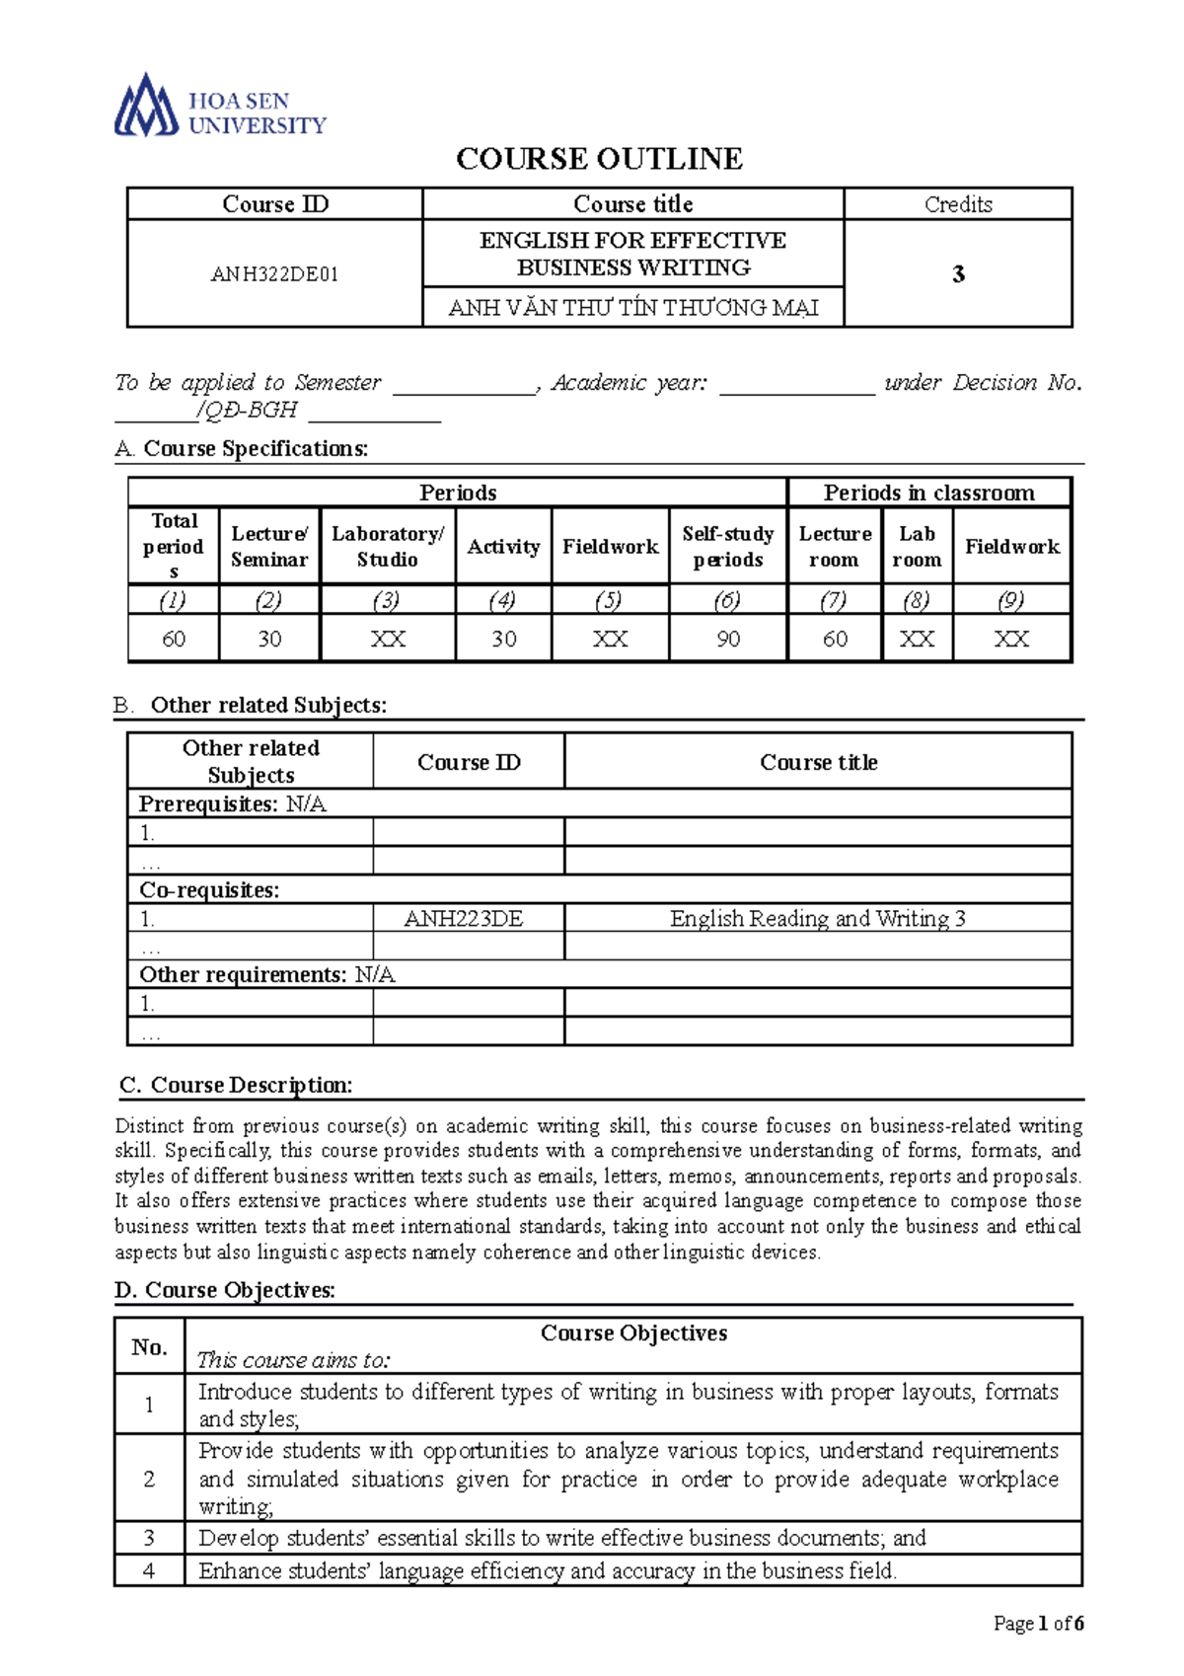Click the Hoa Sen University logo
point(219,105)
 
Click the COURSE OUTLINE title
point(599,159)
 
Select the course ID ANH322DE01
point(274,274)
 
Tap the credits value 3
point(958,274)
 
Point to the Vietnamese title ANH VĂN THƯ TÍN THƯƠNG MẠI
point(632,308)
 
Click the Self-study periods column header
point(728,546)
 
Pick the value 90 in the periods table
point(728,639)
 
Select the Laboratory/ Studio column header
point(387,546)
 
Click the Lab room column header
point(917,546)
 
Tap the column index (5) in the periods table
point(610,600)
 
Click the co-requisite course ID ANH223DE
point(464,919)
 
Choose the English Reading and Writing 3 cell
point(818,919)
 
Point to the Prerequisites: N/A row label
point(232,804)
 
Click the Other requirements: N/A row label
point(266,975)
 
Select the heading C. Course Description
point(236,1086)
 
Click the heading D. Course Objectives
point(225,1290)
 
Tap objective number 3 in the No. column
point(149,1538)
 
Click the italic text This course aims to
point(293,1360)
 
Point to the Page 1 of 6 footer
point(1038,1624)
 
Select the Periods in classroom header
point(928,493)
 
